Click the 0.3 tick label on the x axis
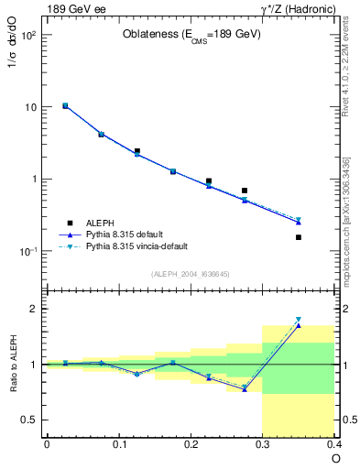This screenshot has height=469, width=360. pyautogui.click(x=263, y=444)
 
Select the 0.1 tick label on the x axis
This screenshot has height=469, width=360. pyautogui.click(x=118, y=444)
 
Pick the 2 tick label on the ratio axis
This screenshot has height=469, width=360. pyautogui.click(x=33, y=309)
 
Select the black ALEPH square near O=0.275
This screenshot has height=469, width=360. pyautogui.click(x=245, y=191)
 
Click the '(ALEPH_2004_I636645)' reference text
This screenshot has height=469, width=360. pyautogui.click(x=191, y=274)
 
